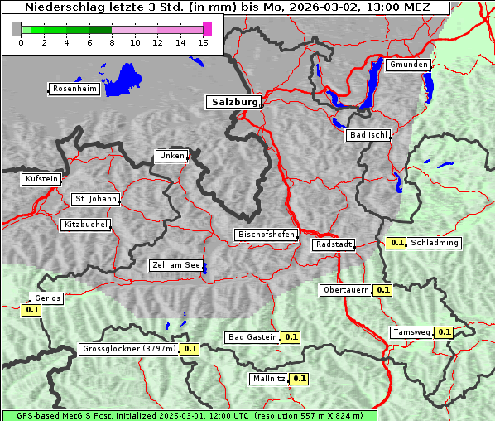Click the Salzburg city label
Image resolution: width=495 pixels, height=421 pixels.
pyautogui.click(x=233, y=102)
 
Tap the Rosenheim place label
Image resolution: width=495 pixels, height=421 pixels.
pyautogui.click(x=74, y=89)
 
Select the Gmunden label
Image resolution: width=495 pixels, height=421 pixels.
pyautogui.click(x=408, y=65)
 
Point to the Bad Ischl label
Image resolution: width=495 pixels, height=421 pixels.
pyautogui.click(x=368, y=135)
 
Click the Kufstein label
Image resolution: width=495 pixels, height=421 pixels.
pyautogui.click(x=41, y=179)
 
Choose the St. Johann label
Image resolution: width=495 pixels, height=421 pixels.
pyautogui.click(x=95, y=199)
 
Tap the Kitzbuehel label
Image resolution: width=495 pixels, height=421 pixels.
pyautogui.click(x=85, y=225)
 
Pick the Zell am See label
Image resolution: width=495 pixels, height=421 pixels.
pyautogui.click(x=176, y=265)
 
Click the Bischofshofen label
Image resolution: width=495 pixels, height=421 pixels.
pyautogui.click(x=266, y=235)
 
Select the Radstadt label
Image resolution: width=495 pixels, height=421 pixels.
pyautogui.click(x=334, y=244)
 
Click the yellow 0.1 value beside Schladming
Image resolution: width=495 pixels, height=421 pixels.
pyautogui.click(x=396, y=243)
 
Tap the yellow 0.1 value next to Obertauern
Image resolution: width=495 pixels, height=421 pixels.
pyautogui.click(x=382, y=290)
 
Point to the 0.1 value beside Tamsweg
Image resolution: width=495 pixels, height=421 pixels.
pyautogui.click(x=444, y=332)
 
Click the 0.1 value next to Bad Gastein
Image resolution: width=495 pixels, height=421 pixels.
pyautogui.click(x=291, y=337)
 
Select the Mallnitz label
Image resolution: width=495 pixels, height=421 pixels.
pyautogui.click(x=268, y=379)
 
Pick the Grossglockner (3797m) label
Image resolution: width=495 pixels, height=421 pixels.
pyautogui.click(x=129, y=349)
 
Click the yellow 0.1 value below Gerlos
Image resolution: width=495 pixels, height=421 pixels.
pyautogui.click(x=32, y=310)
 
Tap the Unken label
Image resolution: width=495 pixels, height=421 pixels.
pyautogui.click(x=171, y=156)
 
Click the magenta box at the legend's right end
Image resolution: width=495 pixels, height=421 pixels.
pyautogui.click(x=207, y=29)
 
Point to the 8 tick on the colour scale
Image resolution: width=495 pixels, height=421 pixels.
pyautogui.click(x=112, y=42)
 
